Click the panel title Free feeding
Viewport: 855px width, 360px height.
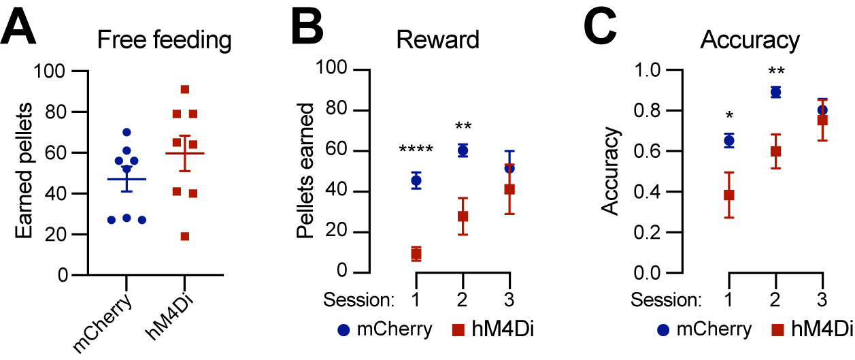tap(164, 40)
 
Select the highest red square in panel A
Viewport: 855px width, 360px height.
tap(184, 90)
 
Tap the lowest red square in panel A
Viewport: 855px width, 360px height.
tap(184, 236)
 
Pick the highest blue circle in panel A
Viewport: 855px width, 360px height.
tap(127, 132)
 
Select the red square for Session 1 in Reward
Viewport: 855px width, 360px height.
tap(416, 255)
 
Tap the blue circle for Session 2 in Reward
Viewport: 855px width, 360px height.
tap(463, 151)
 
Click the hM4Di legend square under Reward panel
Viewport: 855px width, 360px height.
tap(459, 330)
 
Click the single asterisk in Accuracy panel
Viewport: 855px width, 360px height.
tap(729, 115)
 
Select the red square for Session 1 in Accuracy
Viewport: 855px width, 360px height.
tap(729, 195)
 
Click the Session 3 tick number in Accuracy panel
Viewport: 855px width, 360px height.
tap(822, 299)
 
